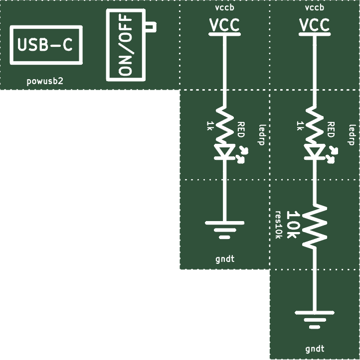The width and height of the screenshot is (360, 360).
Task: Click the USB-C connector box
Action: (x=46, y=27)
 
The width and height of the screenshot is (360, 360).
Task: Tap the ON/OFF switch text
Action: (x=125, y=45)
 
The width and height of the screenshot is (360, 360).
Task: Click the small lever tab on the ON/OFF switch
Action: (x=151, y=26)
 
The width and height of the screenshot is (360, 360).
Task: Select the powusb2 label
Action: (x=45, y=81)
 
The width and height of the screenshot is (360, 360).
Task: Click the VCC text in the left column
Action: (x=224, y=25)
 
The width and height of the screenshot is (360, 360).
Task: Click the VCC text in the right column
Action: (x=315, y=25)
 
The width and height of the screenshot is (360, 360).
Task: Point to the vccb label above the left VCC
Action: (x=224, y=7)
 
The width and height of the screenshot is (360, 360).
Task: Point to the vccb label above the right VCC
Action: (x=315, y=7)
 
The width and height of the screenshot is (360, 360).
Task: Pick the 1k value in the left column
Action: (x=209, y=126)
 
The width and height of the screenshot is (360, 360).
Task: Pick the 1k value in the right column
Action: (x=299, y=126)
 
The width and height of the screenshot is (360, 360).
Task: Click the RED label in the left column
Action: (x=241, y=130)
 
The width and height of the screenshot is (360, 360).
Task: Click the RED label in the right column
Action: (x=331, y=130)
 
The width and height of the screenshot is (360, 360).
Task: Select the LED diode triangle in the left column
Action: (x=224, y=151)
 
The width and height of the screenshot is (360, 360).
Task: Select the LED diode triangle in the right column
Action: (x=315, y=151)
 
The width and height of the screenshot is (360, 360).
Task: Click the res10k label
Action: (x=278, y=225)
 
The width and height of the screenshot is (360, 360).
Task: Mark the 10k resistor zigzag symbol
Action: (x=315, y=227)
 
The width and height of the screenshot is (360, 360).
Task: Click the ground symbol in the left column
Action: (x=224, y=230)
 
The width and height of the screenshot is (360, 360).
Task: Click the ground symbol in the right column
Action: (x=315, y=320)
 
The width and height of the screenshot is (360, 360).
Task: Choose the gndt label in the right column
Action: (x=315, y=349)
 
